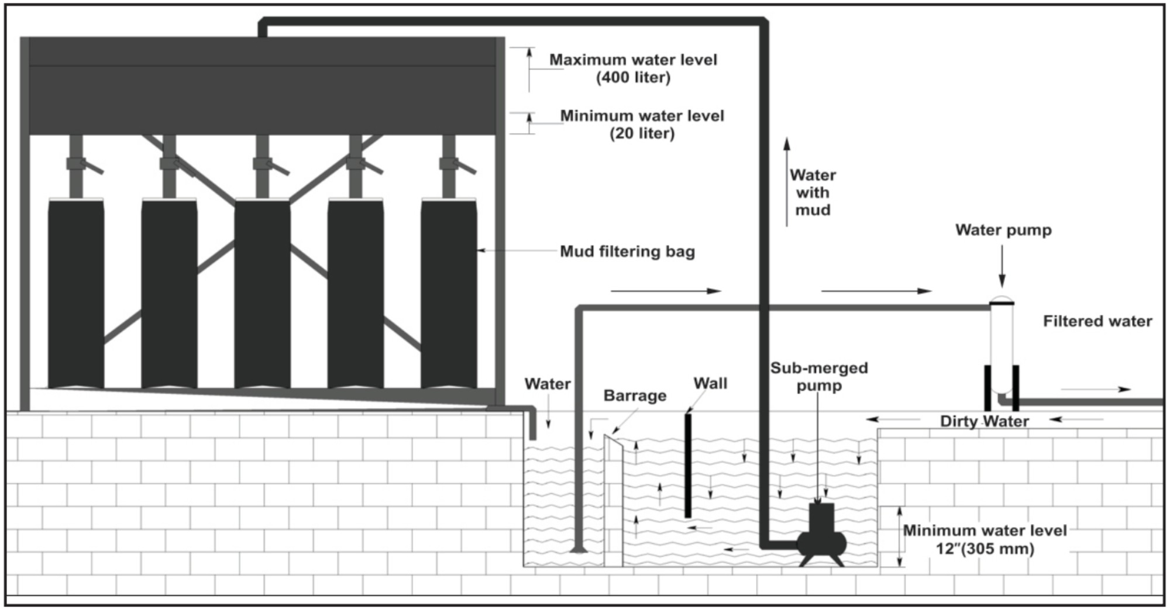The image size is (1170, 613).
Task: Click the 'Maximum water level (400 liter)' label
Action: tap(633, 68)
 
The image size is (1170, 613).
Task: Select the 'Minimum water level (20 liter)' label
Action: tap(642, 125)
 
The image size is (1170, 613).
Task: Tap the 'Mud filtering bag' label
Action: tap(627, 252)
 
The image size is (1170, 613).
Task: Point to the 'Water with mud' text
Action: tap(813, 192)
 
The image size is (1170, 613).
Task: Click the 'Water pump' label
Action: tap(1003, 230)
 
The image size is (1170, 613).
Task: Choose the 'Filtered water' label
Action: tap(1097, 321)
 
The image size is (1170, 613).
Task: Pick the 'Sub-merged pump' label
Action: tap(819, 377)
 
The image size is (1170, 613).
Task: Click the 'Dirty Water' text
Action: tap(984, 421)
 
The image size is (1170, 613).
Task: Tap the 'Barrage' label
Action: tap(635, 396)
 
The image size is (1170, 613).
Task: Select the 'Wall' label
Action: tap(710, 384)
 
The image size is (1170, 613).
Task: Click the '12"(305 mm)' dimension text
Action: tap(985, 549)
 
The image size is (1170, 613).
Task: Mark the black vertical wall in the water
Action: tap(688, 466)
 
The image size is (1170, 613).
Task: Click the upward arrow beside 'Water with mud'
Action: tap(787, 181)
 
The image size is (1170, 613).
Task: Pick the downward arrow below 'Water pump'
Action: tap(1002, 266)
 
